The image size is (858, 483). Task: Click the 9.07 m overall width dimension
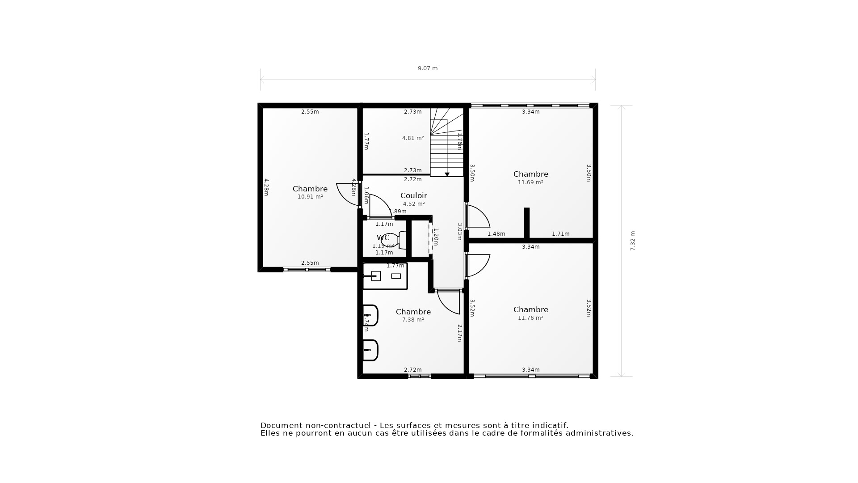(428, 68)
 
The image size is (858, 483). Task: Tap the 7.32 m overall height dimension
(632, 241)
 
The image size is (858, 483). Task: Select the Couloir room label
(413, 195)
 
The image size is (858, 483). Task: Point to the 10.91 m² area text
(310, 197)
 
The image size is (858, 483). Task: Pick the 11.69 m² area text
(530, 182)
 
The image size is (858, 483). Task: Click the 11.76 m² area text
(530, 318)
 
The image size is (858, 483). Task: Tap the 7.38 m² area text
(412, 320)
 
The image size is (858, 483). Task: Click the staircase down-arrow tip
(447, 174)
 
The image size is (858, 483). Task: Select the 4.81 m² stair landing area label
(412, 138)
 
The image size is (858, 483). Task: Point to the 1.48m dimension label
(496, 234)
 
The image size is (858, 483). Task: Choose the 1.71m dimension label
(560, 234)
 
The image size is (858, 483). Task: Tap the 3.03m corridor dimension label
(459, 232)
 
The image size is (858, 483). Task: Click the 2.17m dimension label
(459, 333)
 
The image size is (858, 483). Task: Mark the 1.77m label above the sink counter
(395, 266)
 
